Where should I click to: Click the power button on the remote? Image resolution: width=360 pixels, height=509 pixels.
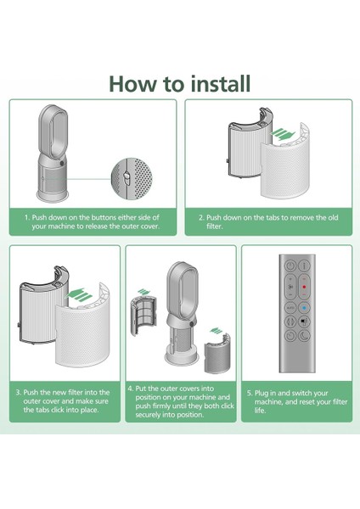pos(290,266)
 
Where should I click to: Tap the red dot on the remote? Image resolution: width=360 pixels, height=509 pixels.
pos(304,287)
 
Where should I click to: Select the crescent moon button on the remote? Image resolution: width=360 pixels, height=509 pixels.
pos(305,335)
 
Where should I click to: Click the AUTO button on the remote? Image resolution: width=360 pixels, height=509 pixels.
pos(290,307)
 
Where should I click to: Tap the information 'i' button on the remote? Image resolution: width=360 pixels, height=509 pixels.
pos(305,266)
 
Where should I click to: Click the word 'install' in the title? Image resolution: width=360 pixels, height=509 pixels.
pos(220,84)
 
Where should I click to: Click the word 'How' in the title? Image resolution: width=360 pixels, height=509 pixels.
pos(132,84)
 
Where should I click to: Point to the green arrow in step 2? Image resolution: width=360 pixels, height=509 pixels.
pos(283,134)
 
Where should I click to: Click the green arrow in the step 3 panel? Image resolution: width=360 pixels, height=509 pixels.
pos(78,294)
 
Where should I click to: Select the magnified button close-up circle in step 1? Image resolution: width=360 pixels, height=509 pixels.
pos(132,179)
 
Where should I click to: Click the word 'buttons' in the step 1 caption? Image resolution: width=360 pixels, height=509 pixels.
pos(104,217)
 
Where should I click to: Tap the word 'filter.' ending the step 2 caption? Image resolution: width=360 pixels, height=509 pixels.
pos(215,227)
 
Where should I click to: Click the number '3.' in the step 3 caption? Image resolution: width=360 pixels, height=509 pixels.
pos(18,393)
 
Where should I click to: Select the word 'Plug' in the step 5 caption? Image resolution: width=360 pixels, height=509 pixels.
pos(261,394)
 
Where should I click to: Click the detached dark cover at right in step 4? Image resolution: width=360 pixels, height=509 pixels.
pos(217,353)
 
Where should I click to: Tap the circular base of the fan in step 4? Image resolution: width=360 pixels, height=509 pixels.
pos(182,358)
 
